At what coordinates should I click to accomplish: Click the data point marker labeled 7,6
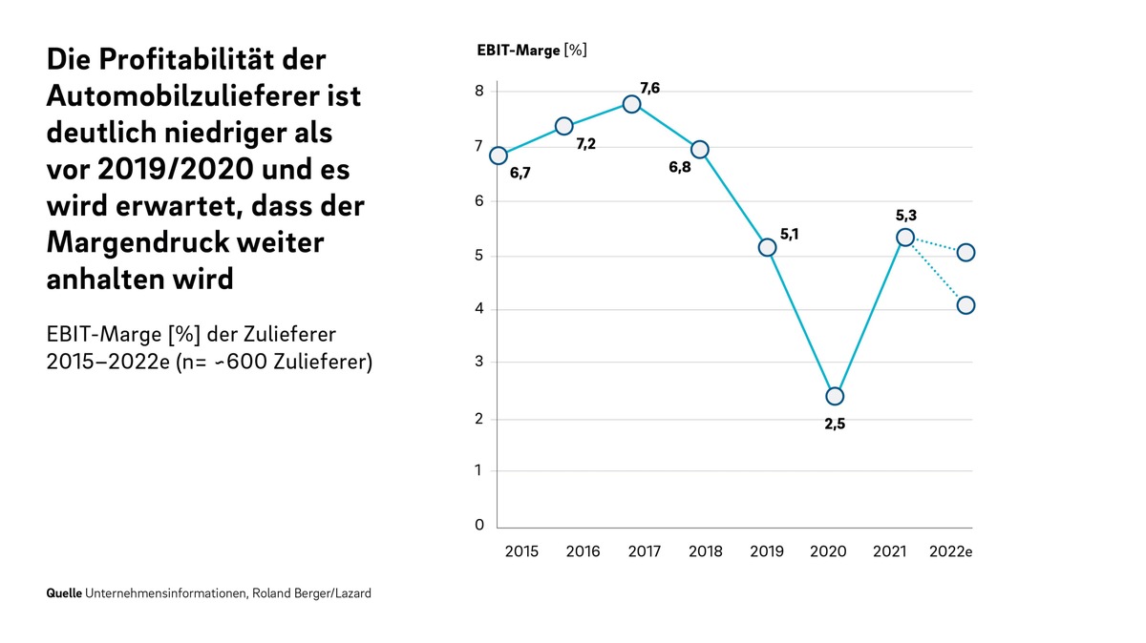(632, 104)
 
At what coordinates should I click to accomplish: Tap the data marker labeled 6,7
(499, 156)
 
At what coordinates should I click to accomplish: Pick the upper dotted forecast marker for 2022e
(966, 253)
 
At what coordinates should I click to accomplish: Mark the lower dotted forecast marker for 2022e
(966, 305)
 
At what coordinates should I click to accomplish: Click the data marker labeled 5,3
(905, 238)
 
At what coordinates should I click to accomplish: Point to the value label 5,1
(789, 234)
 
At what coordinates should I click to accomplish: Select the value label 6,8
(680, 167)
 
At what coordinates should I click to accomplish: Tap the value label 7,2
(585, 144)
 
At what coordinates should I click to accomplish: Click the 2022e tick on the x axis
(950, 551)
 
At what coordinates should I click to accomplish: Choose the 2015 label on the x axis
(521, 551)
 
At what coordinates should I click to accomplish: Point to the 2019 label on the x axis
(766, 551)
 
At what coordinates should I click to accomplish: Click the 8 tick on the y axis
(478, 91)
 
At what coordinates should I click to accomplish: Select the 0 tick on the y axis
(478, 525)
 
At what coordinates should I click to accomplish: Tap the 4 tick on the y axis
(478, 308)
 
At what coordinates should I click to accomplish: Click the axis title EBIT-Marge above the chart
(519, 51)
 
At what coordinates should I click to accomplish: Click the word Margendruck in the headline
(137, 242)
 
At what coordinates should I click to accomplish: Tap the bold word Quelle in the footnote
(64, 593)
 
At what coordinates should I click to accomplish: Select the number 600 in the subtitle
(246, 362)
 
